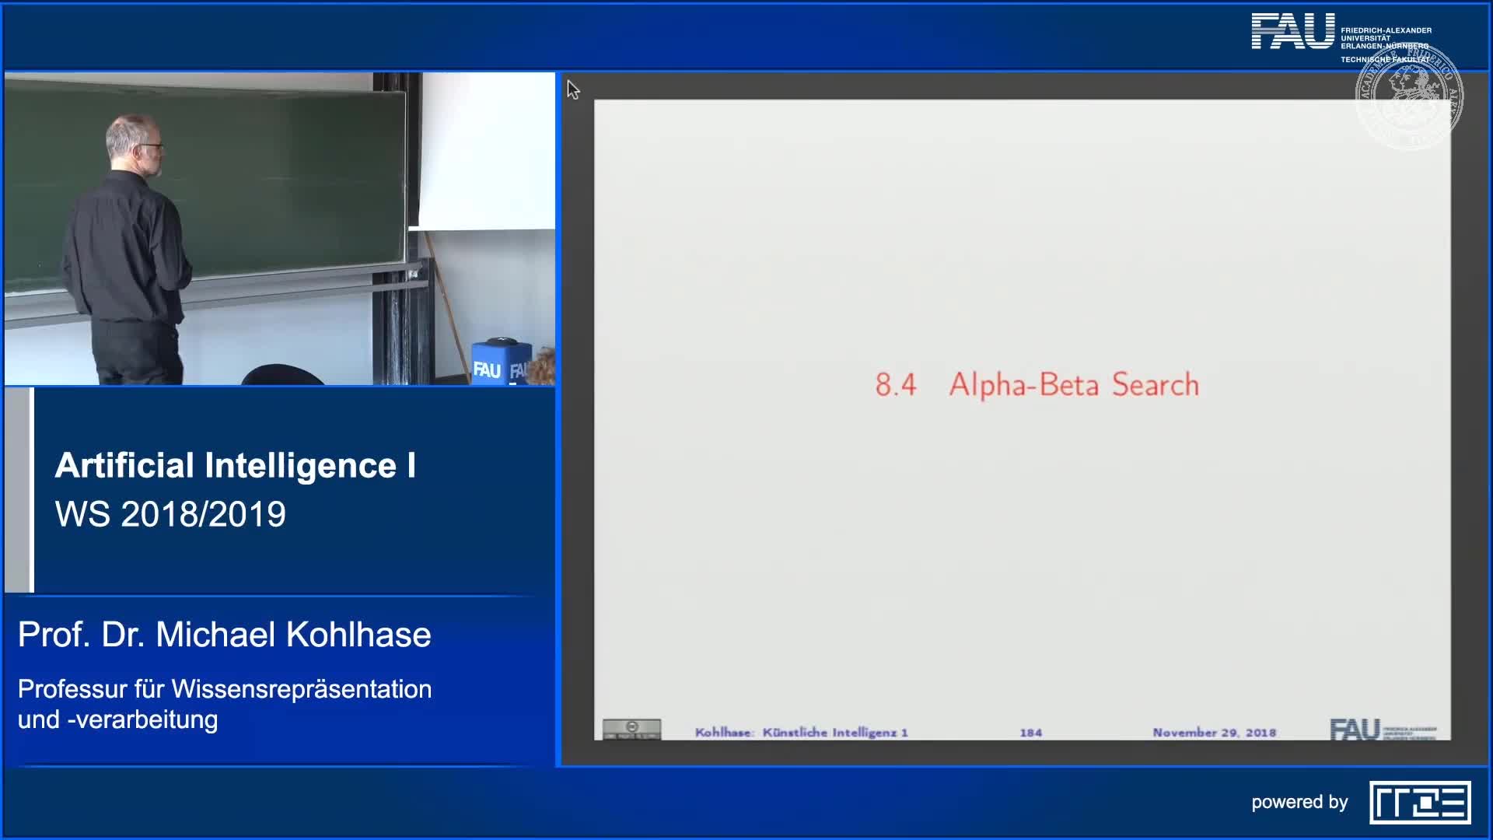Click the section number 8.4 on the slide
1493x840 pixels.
[895, 385]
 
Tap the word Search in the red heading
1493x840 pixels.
[1155, 385]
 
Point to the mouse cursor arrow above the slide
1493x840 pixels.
[572, 89]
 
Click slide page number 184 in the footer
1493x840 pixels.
[1030, 733]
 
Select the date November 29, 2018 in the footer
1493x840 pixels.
[1214, 733]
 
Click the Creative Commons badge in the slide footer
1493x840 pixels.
[631, 729]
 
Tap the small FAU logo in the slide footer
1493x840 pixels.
[1355, 730]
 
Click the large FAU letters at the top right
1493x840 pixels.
[1292, 32]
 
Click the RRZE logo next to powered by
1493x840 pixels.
[1419, 802]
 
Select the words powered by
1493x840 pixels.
[1299, 802]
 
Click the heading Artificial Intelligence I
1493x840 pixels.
[235, 466]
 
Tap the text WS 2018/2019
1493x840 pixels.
[170, 514]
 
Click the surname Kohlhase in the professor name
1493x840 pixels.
[358, 635]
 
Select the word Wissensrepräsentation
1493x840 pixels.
[302, 689]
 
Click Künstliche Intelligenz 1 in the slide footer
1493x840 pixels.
[834, 733]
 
